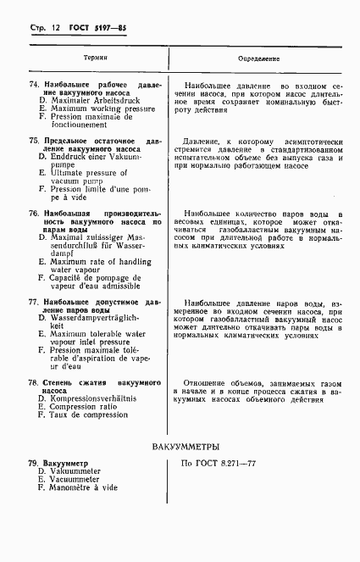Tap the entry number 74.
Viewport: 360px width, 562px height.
34,86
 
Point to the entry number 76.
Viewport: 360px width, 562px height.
34,213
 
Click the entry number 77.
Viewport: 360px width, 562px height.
34,302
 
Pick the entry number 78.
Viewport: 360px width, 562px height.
34,382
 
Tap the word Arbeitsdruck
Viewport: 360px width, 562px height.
116,101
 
